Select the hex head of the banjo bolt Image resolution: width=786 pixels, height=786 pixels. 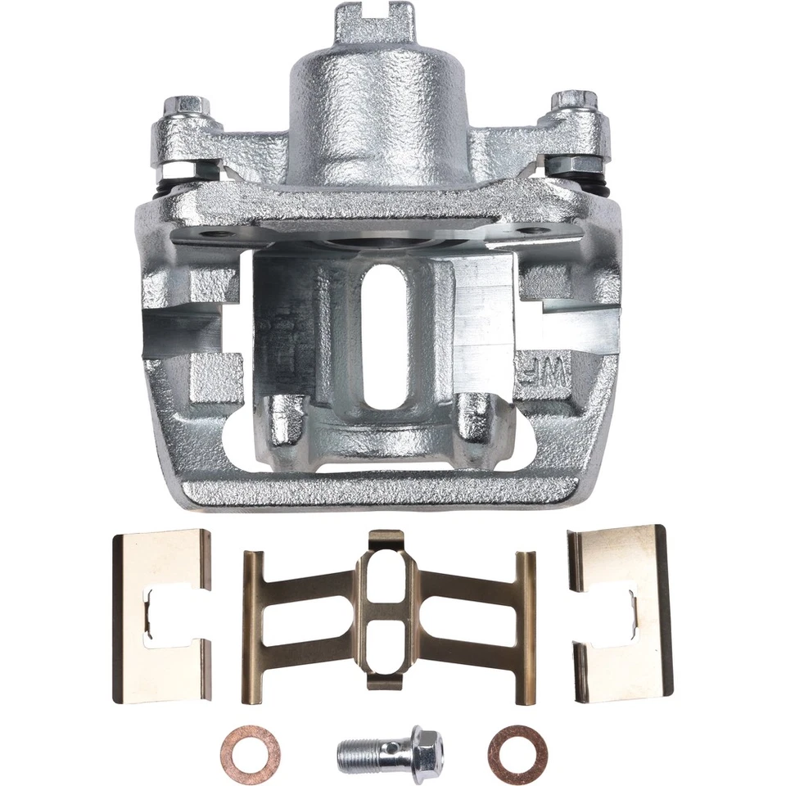pos(426,748)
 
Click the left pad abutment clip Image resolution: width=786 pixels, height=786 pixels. pos(161,617)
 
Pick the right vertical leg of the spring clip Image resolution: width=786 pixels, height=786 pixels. pos(525,626)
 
